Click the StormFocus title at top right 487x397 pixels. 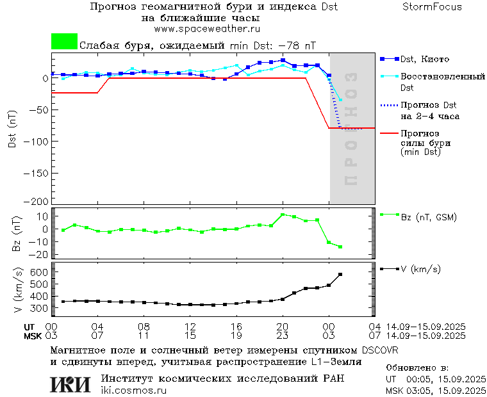pyautogui.click(x=432, y=7)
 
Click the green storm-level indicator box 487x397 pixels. pyautogui.click(x=64, y=42)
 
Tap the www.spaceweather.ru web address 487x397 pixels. pyautogui.click(x=206, y=29)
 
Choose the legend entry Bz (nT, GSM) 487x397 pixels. pyautogui.click(x=428, y=217)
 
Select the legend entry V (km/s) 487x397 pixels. pyautogui.click(x=420, y=270)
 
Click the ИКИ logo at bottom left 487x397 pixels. pyautogui.click(x=70, y=384)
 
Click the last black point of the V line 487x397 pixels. pyautogui.click(x=340, y=274)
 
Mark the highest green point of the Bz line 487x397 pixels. pyautogui.click(x=283, y=215)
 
